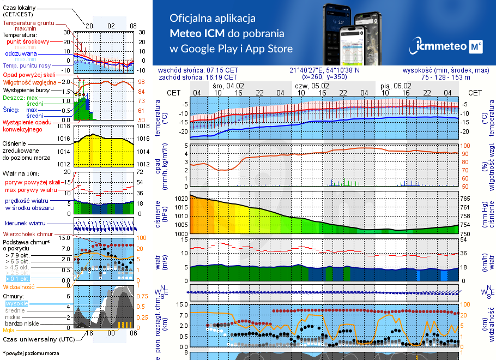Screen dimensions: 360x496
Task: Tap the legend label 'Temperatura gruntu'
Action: (x=28, y=23)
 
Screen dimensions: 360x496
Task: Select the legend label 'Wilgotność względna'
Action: (x=31, y=82)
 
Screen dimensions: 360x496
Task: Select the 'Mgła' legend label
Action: (x=9, y=330)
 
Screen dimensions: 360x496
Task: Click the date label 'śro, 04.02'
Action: (x=228, y=86)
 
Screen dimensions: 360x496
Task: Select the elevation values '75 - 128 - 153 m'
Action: (x=446, y=77)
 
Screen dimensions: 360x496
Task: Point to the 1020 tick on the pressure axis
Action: (x=180, y=199)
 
